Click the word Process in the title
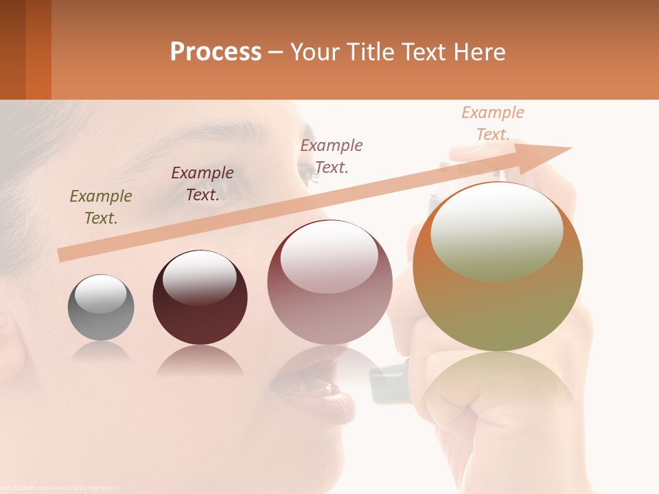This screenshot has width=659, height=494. (x=216, y=51)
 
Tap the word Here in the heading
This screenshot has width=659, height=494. (x=478, y=51)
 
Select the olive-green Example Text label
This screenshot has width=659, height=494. (x=101, y=207)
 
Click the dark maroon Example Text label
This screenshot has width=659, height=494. (x=202, y=183)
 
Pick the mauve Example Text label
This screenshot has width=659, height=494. (x=332, y=156)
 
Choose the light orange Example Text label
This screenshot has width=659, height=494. (x=492, y=123)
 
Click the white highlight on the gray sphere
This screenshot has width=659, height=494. (x=100, y=294)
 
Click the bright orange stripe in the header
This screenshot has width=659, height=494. (x=38, y=49)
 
